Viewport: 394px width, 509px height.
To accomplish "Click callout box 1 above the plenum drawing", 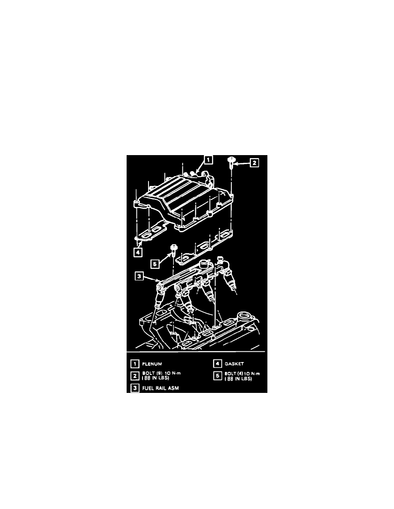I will [x=208, y=160].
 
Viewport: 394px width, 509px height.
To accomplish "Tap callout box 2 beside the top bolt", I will [x=255, y=162].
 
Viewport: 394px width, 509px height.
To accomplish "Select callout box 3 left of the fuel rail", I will [x=139, y=277].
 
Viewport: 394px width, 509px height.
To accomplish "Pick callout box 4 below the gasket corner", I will [x=137, y=253].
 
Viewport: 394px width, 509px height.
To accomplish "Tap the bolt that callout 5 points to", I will [x=174, y=248].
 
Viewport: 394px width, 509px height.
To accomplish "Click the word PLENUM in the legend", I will [x=152, y=364].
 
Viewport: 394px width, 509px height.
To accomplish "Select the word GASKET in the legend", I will [x=234, y=364].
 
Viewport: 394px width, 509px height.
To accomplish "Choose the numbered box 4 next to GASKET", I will [x=217, y=364].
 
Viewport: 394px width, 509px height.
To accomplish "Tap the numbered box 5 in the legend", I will [x=217, y=375].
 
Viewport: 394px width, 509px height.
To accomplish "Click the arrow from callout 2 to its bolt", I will [x=242, y=162].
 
